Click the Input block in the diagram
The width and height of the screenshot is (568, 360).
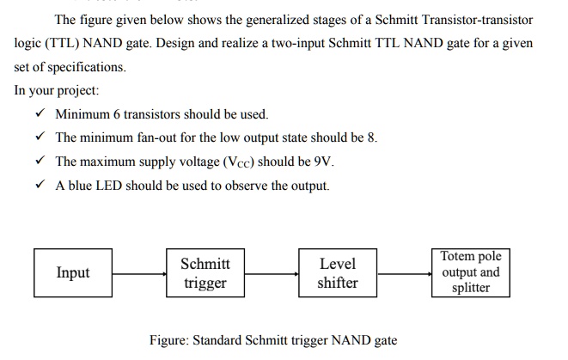(x=73, y=272)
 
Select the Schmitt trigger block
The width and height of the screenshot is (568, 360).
(x=205, y=272)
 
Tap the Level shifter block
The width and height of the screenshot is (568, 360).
(x=337, y=272)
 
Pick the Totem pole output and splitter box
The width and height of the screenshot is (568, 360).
(x=470, y=272)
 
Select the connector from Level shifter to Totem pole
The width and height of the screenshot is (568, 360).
(x=404, y=273)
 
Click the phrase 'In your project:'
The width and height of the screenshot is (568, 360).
(x=57, y=90)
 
